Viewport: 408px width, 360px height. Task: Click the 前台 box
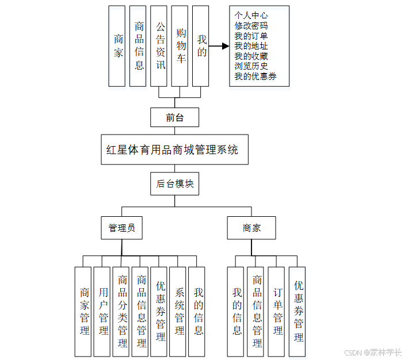[174, 117]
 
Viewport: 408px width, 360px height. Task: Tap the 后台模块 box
[175, 184]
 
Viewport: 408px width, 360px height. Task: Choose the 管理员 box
[122, 228]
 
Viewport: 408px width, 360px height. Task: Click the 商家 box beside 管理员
[251, 228]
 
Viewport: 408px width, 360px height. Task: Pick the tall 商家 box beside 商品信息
[117, 46]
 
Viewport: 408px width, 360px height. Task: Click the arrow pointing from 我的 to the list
[219, 45]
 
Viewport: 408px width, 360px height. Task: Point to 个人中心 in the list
[251, 16]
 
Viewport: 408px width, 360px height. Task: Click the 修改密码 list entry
[251, 25]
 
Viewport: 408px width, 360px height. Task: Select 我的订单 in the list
[251, 36]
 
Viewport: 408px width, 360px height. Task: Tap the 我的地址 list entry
[251, 46]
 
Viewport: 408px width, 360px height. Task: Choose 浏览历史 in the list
[251, 66]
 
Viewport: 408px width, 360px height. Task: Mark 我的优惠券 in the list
[256, 76]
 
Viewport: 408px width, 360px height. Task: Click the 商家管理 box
[84, 311]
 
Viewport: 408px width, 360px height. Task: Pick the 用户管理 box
[103, 311]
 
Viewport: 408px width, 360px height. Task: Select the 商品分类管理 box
[122, 311]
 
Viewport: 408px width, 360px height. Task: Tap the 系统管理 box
[179, 311]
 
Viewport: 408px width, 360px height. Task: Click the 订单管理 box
[277, 311]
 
